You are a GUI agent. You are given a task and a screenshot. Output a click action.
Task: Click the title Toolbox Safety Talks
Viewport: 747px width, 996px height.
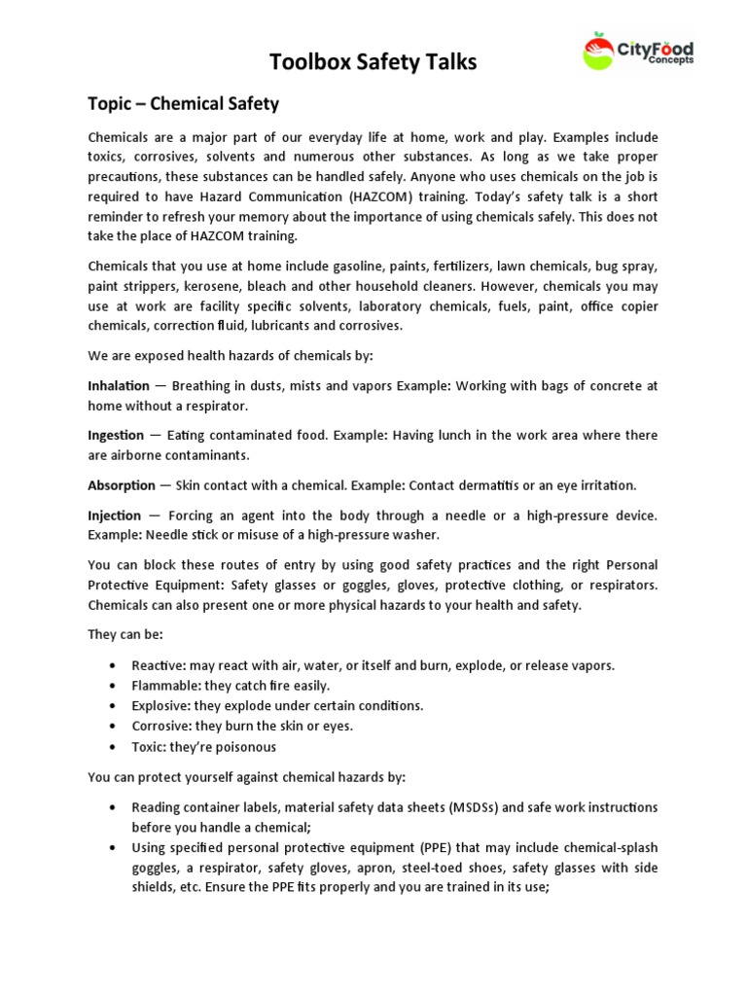(373, 62)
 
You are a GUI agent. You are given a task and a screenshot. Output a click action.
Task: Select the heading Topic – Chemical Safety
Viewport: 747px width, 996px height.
(184, 104)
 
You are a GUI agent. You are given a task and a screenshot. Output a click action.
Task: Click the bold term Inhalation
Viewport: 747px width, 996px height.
(119, 386)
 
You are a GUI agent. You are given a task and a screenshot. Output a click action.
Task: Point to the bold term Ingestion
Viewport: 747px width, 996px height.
(117, 435)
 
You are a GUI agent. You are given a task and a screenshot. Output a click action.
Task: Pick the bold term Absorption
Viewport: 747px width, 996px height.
(122, 484)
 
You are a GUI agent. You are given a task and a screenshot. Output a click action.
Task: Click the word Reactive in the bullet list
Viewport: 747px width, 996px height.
(157, 665)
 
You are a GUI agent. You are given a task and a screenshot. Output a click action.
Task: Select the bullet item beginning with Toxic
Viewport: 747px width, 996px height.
(204, 747)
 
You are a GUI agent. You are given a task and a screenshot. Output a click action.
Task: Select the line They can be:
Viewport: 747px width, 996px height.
(125, 634)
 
